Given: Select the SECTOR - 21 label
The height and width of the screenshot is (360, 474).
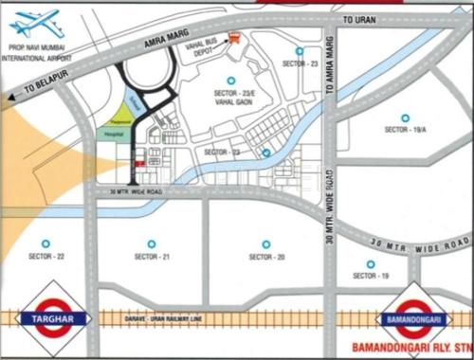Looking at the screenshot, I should coord(152,257).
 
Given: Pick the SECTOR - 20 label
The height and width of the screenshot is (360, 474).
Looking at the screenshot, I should coord(267,257).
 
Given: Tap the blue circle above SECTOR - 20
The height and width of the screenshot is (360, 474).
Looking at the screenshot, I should coord(266,243).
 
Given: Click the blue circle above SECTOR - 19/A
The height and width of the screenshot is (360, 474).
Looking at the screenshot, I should coord(405,117).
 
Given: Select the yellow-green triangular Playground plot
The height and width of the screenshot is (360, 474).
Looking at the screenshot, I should coord(120,117).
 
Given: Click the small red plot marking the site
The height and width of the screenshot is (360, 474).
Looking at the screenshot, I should coord(139,165).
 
